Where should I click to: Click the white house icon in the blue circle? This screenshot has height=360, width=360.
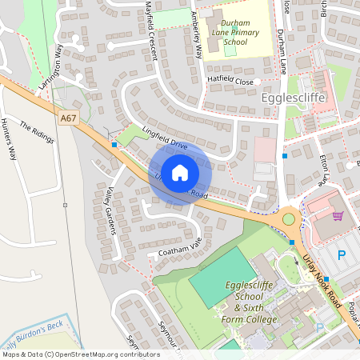click(x=180, y=172)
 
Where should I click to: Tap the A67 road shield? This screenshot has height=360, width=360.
click(x=69, y=118)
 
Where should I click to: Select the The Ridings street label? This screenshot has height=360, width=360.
click(x=36, y=134)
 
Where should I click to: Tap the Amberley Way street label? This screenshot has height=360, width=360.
click(x=195, y=40)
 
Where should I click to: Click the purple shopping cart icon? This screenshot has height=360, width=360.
click(x=338, y=215)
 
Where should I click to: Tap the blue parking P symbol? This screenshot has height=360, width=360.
click(x=342, y=256)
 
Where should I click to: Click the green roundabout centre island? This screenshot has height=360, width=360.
click(x=288, y=218)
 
